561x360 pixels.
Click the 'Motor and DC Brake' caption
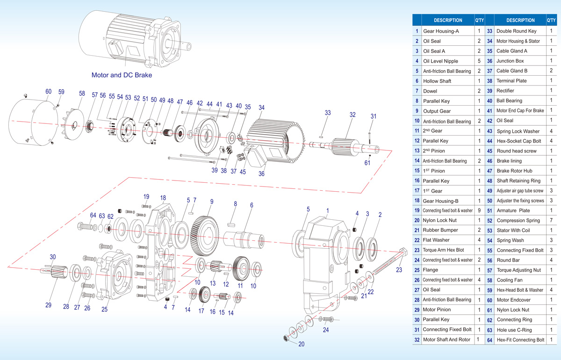pos(122,75)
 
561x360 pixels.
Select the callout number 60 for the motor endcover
pos(49,92)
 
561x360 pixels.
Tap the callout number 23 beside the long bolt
pos(399,269)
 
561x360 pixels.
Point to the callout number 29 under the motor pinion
pos(48,305)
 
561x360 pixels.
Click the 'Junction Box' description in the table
pos(510,61)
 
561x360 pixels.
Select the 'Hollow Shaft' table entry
pos(437,81)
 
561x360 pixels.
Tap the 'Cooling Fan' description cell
pos(510,280)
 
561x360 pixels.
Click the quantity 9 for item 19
pos(479,210)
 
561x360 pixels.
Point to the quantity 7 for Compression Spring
pos(551,220)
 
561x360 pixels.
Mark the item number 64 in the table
pos(489,340)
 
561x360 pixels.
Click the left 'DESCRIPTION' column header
pos(448,20)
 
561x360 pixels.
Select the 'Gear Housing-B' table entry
pos(441,201)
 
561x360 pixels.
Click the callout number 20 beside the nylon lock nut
pos(301,344)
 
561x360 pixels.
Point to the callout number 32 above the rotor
pos(352,114)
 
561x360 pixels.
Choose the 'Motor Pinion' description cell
pos(437,310)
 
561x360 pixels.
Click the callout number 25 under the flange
pos(104,309)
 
